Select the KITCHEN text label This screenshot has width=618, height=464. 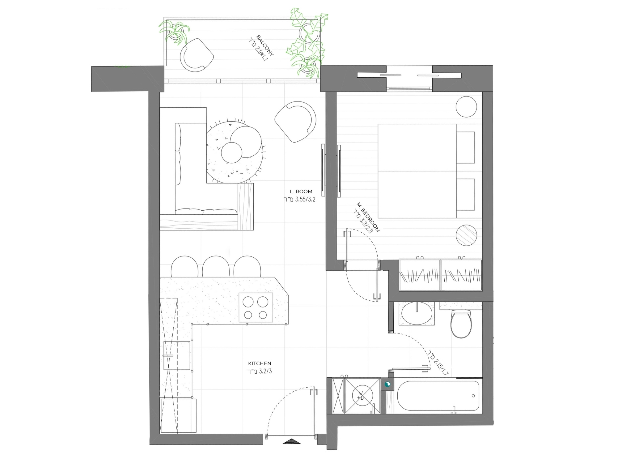pos(260,363)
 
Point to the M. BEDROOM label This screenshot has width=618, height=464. pos(368,217)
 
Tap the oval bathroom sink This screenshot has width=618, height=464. pos(417,313)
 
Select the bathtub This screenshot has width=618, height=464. pos(438,396)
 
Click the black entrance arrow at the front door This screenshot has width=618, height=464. pos(291,441)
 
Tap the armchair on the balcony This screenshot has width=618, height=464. pos(197,55)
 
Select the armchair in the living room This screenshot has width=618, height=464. pos(295,122)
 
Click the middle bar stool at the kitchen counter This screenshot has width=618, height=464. pos(216,267)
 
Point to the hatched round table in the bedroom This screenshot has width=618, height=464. pos(466,235)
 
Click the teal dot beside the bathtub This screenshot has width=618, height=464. pos(387,385)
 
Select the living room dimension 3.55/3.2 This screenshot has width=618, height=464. pos(299,199)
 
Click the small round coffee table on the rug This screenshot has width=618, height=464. pos(231,153)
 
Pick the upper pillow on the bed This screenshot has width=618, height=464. pos(465,148)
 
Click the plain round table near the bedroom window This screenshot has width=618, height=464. pos(466,107)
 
